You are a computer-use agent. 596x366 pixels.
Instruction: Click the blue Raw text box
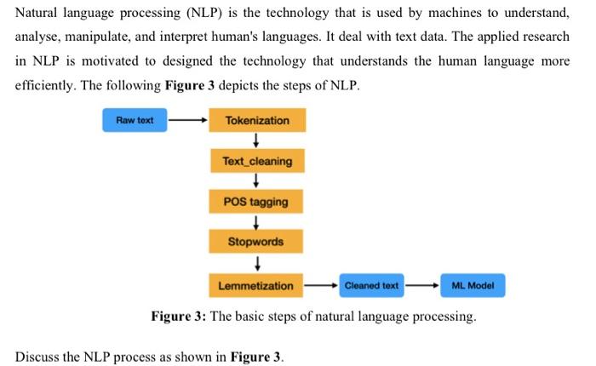pos(135,120)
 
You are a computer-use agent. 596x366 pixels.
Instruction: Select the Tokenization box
pos(256,120)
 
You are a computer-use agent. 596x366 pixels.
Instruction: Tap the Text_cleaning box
pos(256,161)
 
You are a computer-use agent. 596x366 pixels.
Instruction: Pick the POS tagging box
pos(256,202)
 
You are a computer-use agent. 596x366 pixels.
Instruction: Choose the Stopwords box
pos(256,242)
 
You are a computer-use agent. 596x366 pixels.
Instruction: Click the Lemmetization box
pos(256,286)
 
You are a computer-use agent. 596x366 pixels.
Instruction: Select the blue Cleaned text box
pos(371,286)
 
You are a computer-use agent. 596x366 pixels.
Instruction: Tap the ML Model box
pos(473,286)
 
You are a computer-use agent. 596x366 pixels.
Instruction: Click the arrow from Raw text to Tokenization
pos(187,120)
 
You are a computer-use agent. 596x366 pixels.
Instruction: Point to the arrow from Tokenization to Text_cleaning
pos(256,140)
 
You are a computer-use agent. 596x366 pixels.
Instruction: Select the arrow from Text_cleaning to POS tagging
pos(256,181)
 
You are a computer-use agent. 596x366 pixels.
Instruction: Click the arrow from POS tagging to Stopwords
pos(256,222)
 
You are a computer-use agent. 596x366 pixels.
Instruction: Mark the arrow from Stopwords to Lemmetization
pos(256,264)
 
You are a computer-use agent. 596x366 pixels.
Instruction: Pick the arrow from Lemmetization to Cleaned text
pos(321,286)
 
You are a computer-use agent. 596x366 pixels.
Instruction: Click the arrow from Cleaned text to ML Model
pos(422,286)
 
